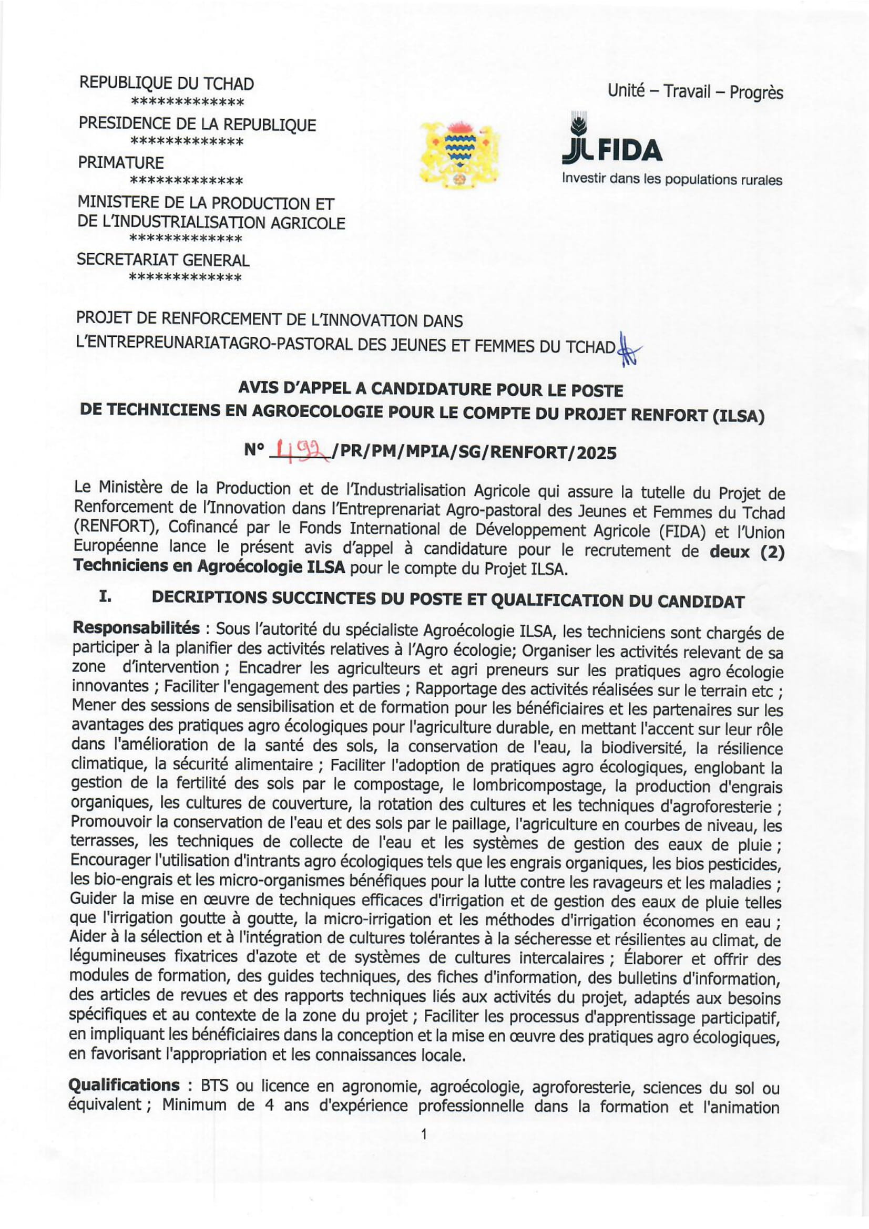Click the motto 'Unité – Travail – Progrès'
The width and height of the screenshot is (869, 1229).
pos(694,92)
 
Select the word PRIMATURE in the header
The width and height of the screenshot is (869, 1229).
pos(121,162)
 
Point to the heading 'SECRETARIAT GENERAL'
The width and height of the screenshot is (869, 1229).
pos(163,260)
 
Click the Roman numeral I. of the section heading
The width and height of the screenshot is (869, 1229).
pos(105,599)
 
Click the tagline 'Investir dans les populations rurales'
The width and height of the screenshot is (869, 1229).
pos(672,179)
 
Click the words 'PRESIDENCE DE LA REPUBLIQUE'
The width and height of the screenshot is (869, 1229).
pos(197,124)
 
